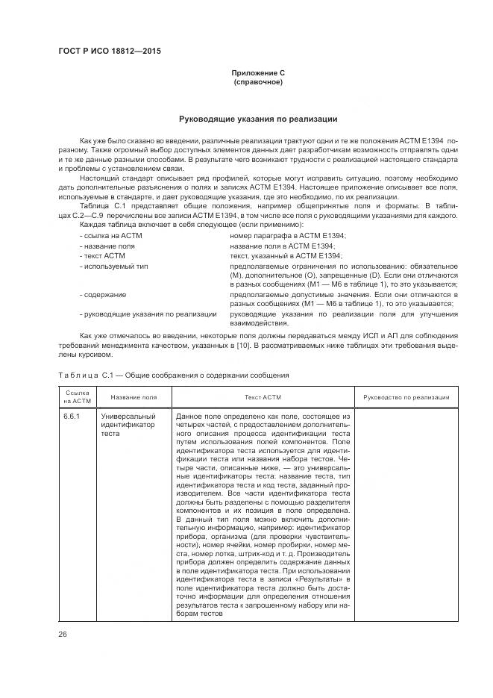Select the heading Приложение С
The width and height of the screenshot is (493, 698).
(258, 72)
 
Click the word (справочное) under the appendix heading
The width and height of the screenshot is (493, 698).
(258, 81)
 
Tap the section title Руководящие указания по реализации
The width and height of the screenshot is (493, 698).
(258, 119)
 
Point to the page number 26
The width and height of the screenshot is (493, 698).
(63, 635)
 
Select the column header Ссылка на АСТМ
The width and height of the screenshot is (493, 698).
(77, 396)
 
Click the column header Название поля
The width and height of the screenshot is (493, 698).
(134, 397)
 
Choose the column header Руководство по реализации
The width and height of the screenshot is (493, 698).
(406, 397)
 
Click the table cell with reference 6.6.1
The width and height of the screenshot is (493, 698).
(72, 416)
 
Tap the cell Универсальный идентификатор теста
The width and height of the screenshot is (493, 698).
(128, 424)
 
